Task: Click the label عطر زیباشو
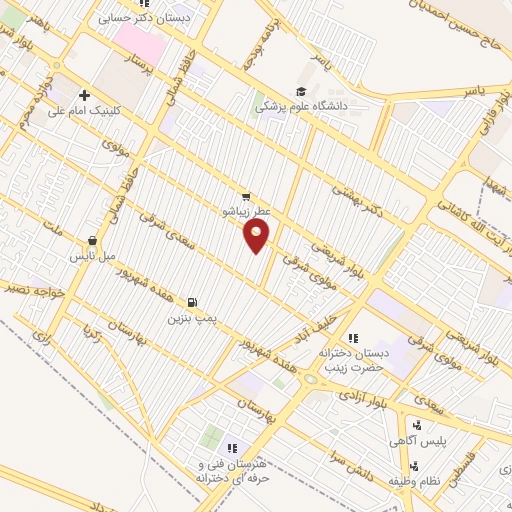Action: [x=247, y=212]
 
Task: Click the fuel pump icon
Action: [x=192, y=301]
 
